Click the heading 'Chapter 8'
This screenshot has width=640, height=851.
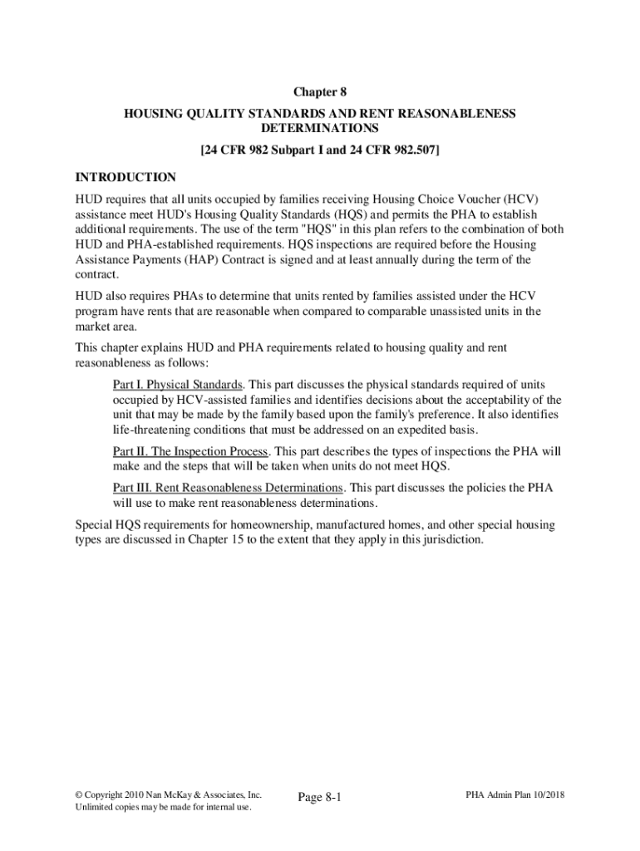320,93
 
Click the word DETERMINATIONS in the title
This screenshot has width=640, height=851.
320,129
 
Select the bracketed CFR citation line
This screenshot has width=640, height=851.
320,151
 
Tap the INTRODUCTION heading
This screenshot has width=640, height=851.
126,177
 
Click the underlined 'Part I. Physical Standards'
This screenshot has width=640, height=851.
178,384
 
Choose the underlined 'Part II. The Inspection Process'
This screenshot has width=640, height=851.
190,451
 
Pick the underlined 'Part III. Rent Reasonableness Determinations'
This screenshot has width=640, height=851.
228,487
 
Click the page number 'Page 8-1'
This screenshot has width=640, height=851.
320,797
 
